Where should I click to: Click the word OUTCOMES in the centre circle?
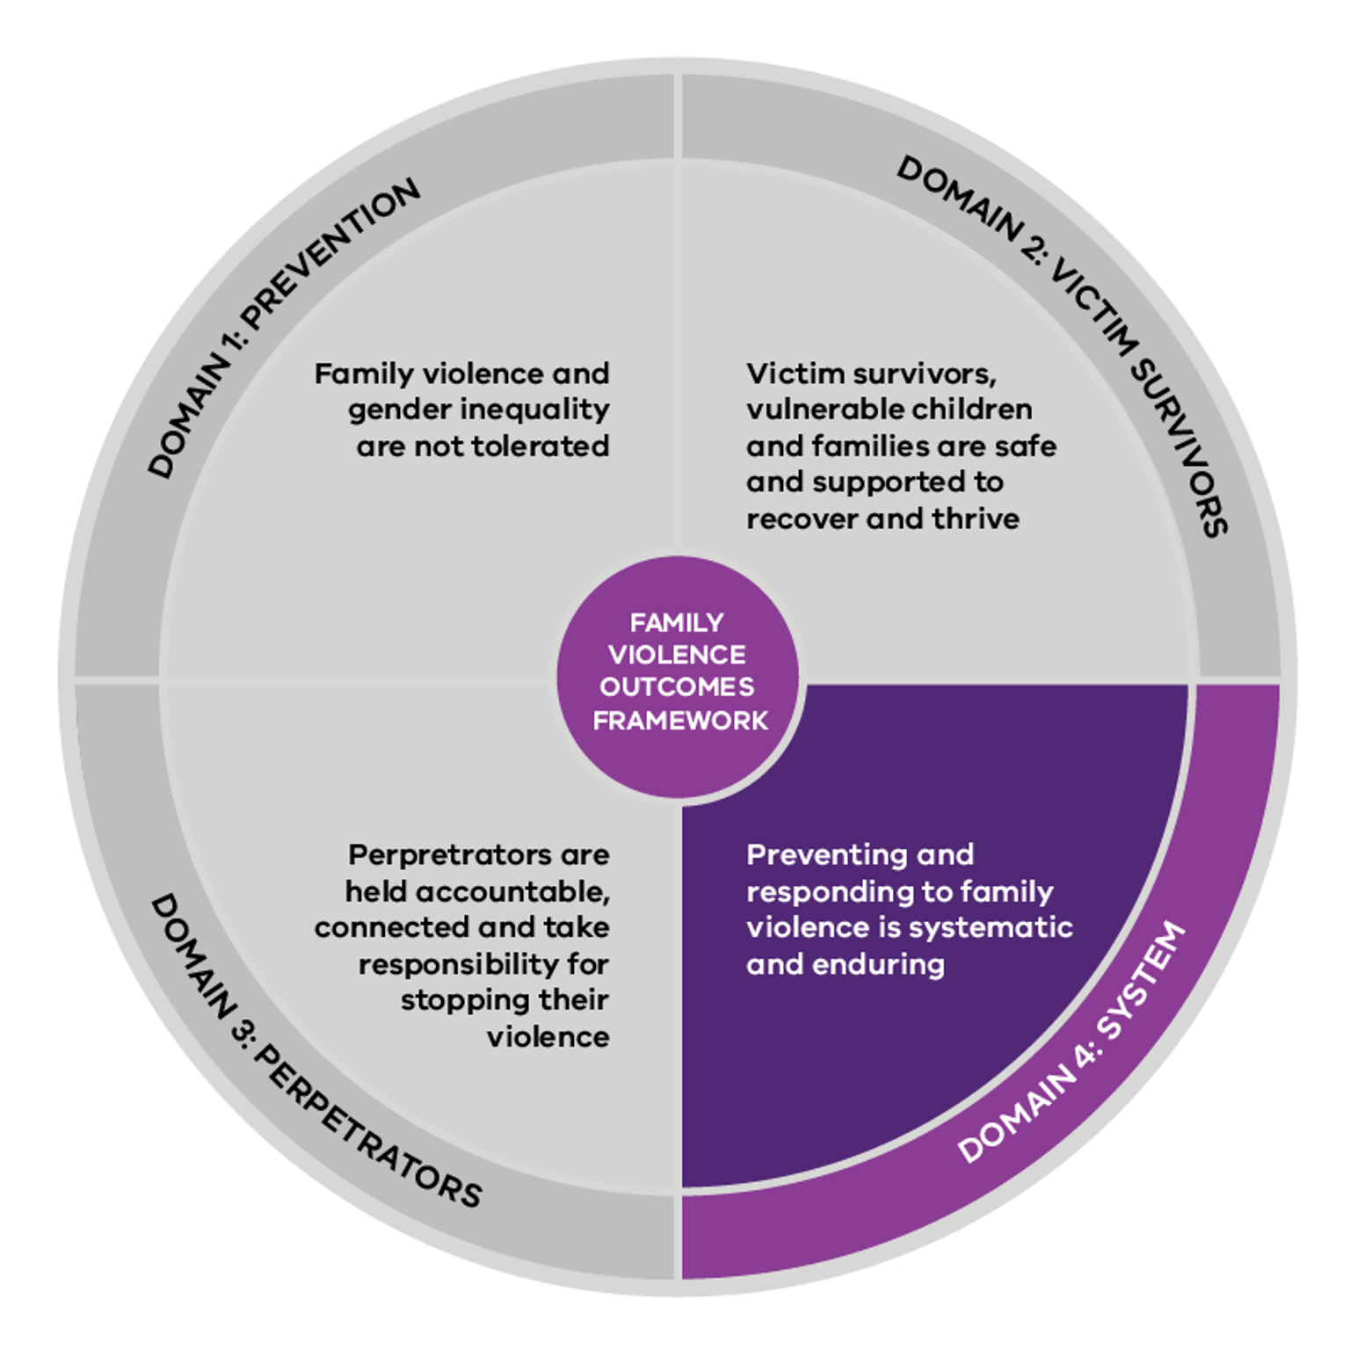tap(677, 686)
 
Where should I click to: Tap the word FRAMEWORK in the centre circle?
tap(680, 721)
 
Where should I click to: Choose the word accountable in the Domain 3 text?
tap(512, 892)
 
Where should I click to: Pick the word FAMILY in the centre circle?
tap(677, 623)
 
